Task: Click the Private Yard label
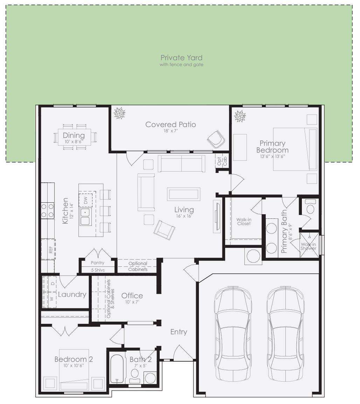point(181,58)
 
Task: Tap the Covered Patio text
point(171,125)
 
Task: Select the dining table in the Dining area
point(74,137)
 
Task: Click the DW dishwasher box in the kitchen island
point(85,200)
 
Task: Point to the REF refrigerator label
point(51,250)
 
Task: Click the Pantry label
point(97,263)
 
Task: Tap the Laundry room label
point(72,294)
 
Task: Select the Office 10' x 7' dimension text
point(132,302)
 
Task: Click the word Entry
point(179,332)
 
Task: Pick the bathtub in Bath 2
point(117,369)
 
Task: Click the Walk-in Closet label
point(244,222)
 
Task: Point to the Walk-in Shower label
point(309,246)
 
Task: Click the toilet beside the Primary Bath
point(310,207)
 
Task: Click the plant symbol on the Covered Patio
point(119,113)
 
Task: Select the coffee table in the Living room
point(184,194)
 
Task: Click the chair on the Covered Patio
point(216,139)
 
